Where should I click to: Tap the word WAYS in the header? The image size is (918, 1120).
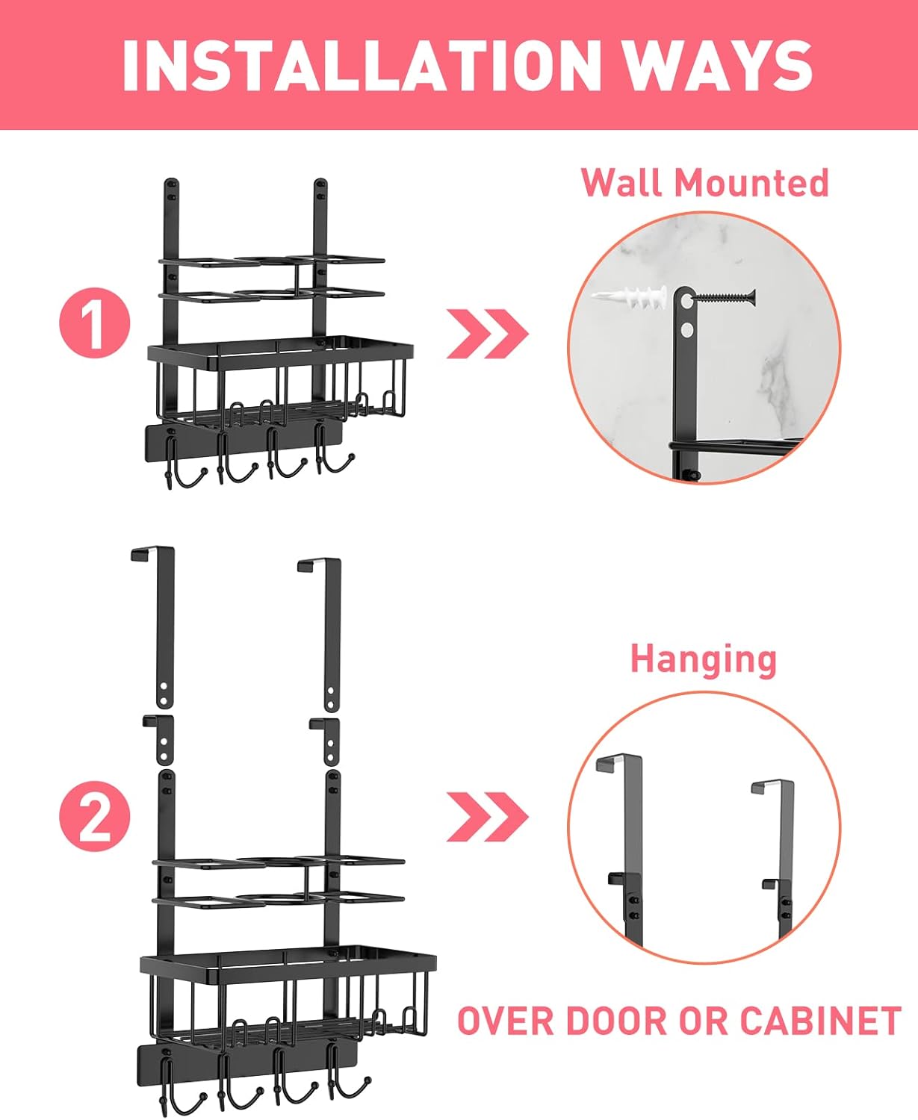pos(716,65)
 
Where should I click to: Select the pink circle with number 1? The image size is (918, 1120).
pos(95,323)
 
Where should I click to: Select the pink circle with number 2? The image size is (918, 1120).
pos(95,816)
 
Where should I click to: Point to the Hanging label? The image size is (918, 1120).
pos(704,659)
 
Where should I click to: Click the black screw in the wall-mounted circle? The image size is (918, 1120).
pos(725,297)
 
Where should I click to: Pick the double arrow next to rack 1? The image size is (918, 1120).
pos(487,333)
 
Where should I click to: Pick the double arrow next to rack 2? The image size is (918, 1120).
pos(487,817)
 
